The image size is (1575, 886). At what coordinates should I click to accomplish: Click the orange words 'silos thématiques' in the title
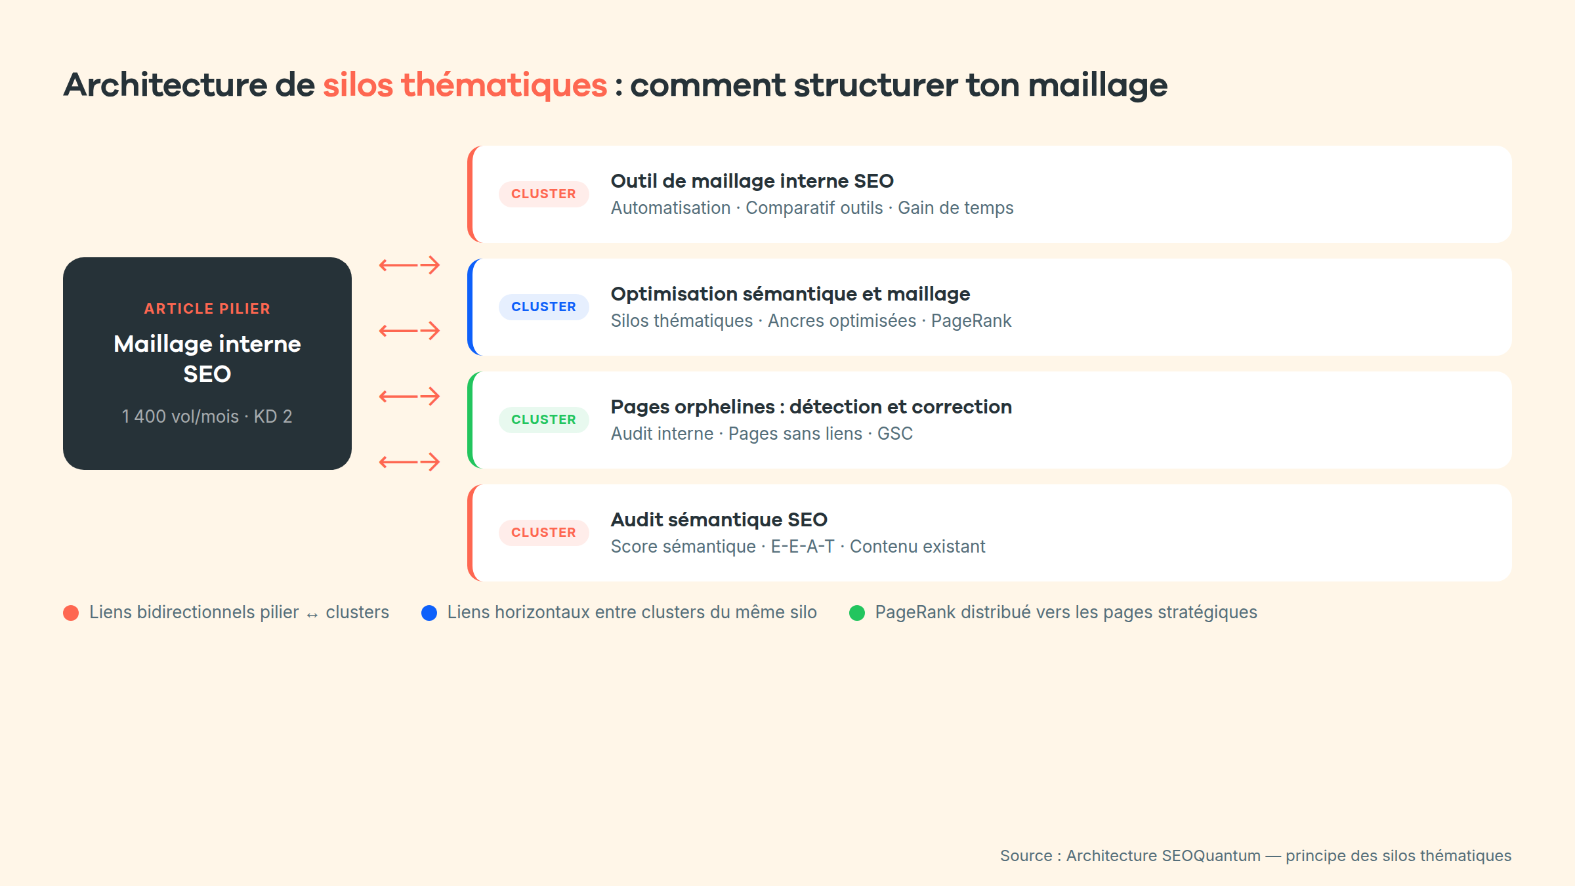click(465, 85)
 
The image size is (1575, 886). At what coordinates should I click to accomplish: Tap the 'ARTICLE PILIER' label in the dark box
click(207, 308)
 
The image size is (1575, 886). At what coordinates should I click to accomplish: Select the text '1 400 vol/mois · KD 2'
click(207, 417)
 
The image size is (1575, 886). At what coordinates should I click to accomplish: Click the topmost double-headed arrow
click(409, 265)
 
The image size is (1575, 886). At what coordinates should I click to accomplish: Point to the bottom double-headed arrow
click(409, 462)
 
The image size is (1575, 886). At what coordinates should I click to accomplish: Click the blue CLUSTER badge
click(543, 307)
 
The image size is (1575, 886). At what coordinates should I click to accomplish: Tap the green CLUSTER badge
click(543, 420)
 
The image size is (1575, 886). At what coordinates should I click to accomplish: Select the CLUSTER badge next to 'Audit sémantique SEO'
click(543, 533)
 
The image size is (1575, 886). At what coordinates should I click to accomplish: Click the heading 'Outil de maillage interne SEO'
click(752, 181)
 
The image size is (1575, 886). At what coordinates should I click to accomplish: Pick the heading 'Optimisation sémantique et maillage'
click(790, 294)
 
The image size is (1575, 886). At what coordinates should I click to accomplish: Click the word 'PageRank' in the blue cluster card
click(971, 321)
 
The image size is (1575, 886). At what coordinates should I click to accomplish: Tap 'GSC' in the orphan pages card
click(895, 434)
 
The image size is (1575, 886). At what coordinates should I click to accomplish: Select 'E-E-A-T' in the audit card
click(803, 547)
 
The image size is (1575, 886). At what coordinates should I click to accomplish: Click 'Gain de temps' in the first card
click(955, 208)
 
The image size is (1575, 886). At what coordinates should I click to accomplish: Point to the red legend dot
click(71, 613)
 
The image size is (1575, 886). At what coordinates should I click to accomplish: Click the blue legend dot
click(429, 613)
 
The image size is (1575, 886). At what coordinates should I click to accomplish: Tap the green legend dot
click(857, 613)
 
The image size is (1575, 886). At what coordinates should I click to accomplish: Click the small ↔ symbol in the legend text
click(312, 615)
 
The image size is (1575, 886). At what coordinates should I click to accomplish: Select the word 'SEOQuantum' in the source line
click(1211, 856)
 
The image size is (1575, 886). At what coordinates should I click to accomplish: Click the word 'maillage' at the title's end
click(1097, 85)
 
